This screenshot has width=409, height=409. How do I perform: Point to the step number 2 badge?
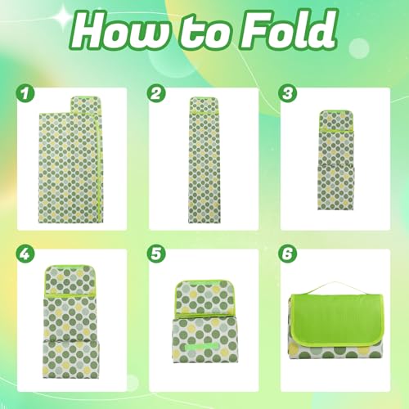pyautogui.click(x=157, y=94)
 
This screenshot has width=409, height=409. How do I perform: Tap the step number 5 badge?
pyautogui.click(x=157, y=254)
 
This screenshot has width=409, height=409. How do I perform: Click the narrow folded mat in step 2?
pyautogui.click(x=204, y=160)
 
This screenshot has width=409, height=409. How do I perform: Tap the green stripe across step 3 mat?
pyautogui.click(x=335, y=128)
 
